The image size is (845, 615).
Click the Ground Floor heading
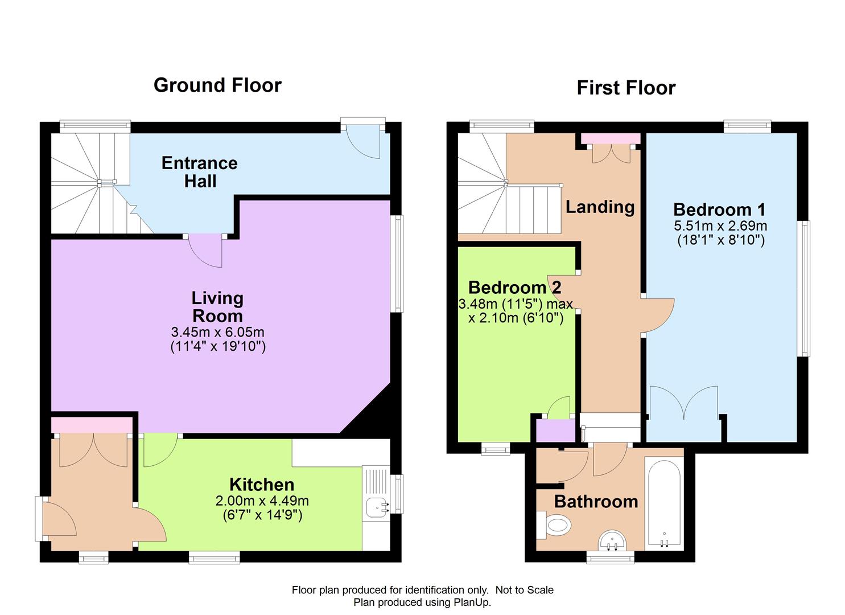click(218, 85)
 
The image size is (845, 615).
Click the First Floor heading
click(626, 88)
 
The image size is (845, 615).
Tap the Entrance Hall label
click(200, 172)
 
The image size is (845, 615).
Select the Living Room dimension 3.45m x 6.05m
click(218, 332)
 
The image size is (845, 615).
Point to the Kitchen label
click(262, 485)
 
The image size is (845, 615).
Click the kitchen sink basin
click(377, 507)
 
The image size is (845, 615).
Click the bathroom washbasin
click(612, 541)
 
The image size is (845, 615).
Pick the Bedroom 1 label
click(719, 210)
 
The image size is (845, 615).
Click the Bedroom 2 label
click(514, 288)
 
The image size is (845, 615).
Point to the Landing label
click(600, 207)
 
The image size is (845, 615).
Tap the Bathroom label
click(596, 502)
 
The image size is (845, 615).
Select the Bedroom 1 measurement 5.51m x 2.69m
click(720, 225)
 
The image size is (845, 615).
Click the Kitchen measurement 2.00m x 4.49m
click(262, 501)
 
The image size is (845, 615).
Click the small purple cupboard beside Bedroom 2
click(556, 430)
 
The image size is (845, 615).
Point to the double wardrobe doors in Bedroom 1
click(683, 403)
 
